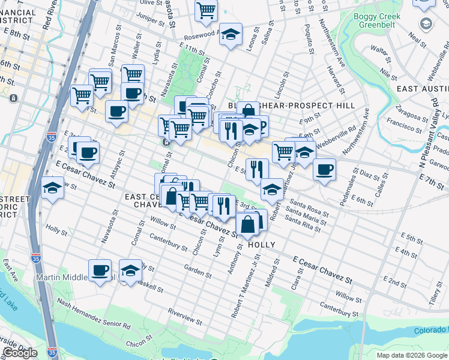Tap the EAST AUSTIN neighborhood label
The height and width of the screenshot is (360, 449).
pyautogui.click(x=423, y=88)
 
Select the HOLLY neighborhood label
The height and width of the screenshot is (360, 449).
pyautogui.click(x=261, y=245)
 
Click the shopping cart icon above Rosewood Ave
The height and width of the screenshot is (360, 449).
pyautogui.click(x=206, y=10)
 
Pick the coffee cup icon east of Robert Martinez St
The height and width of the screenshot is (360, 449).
pyautogui.click(x=324, y=170)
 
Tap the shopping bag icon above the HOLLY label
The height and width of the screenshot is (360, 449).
pyautogui.click(x=247, y=224)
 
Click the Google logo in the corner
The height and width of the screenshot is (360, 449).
pyautogui.click(x=19, y=353)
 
